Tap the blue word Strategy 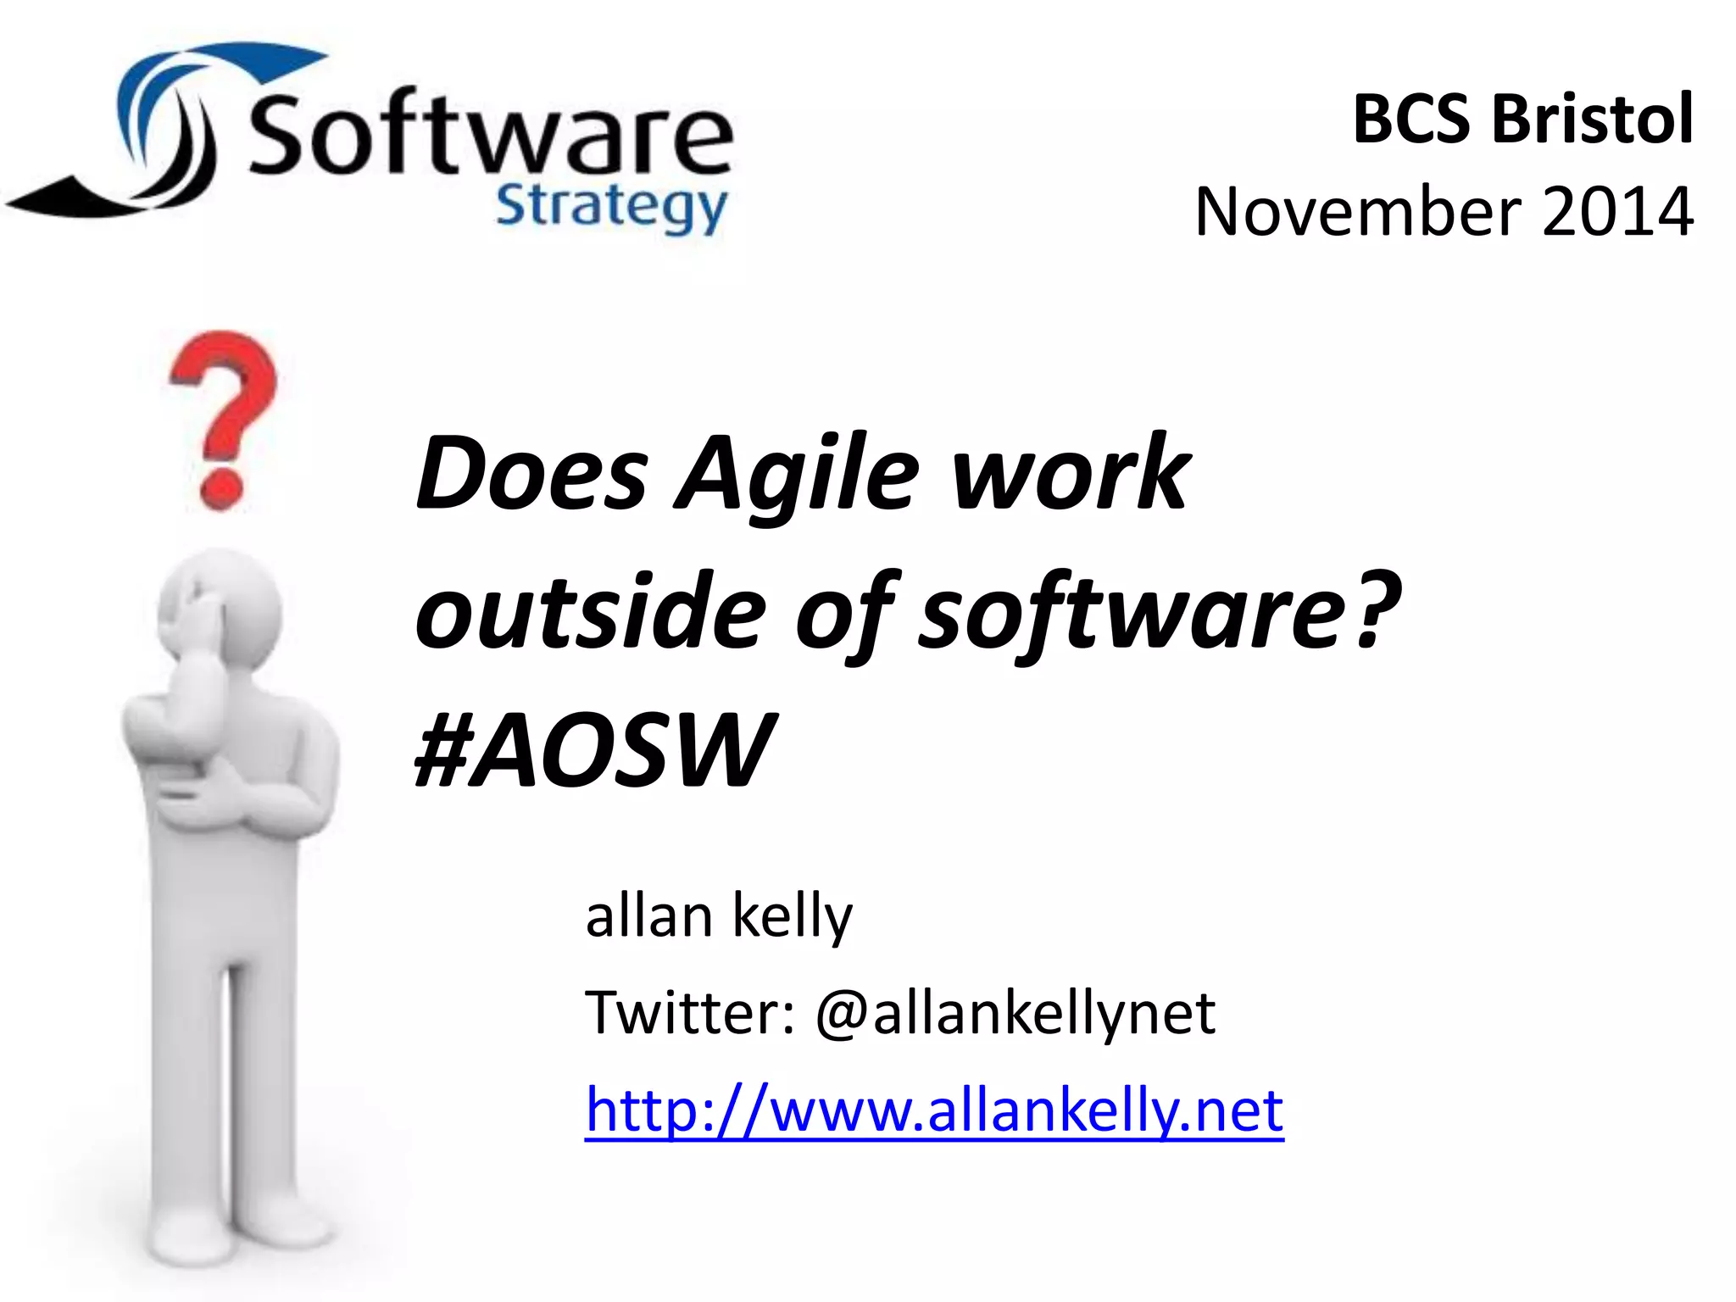pos(610,208)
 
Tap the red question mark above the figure pos(222,415)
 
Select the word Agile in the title pos(797,475)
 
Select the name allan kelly pos(719,917)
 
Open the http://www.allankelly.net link pos(934,1110)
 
